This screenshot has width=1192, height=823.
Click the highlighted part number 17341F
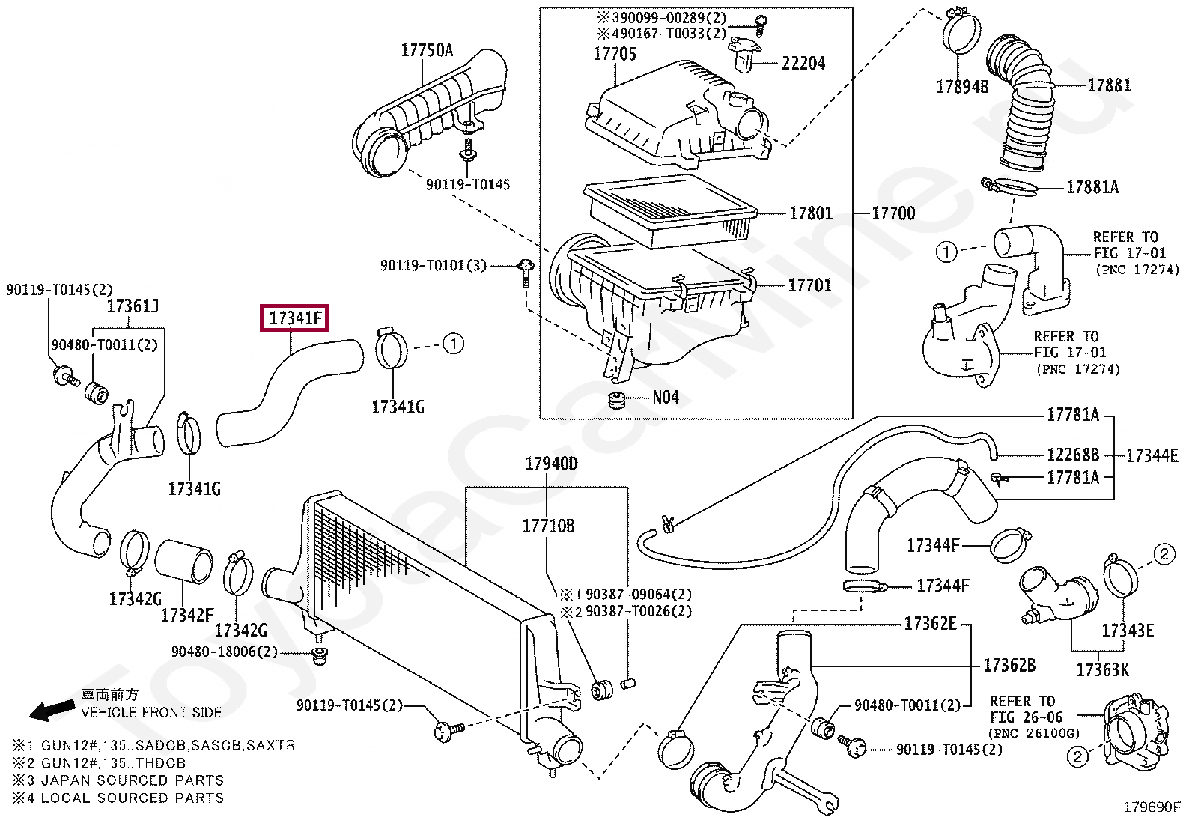pyautogui.click(x=295, y=318)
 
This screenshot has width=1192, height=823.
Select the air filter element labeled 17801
pyautogui.click(x=670, y=211)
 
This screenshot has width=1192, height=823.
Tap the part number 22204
pyautogui.click(x=803, y=64)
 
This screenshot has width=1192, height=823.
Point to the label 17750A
pyautogui.click(x=427, y=50)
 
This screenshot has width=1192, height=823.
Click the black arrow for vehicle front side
pyautogui.click(x=52, y=710)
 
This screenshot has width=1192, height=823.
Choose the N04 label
pyautogui.click(x=665, y=397)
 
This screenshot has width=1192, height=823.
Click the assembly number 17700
pyautogui.click(x=893, y=213)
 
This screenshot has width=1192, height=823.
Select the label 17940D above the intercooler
pyautogui.click(x=551, y=464)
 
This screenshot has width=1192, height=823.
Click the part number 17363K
pyautogui.click(x=1102, y=669)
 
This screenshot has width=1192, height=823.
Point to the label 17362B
pyautogui.click(x=1009, y=665)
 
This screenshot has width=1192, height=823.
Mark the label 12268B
pyautogui.click(x=1073, y=455)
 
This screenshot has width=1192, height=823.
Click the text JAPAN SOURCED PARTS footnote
pyautogui.click(x=133, y=780)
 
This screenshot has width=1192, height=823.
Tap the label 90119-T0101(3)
pyautogui.click(x=434, y=265)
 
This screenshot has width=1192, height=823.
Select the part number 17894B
pyautogui.click(x=962, y=86)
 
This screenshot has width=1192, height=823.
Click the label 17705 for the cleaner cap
pyautogui.click(x=615, y=54)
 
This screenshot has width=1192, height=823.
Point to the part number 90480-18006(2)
pyautogui.click(x=224, y=652)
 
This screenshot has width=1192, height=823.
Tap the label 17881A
pyautogui.click(x=1092, y=187)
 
